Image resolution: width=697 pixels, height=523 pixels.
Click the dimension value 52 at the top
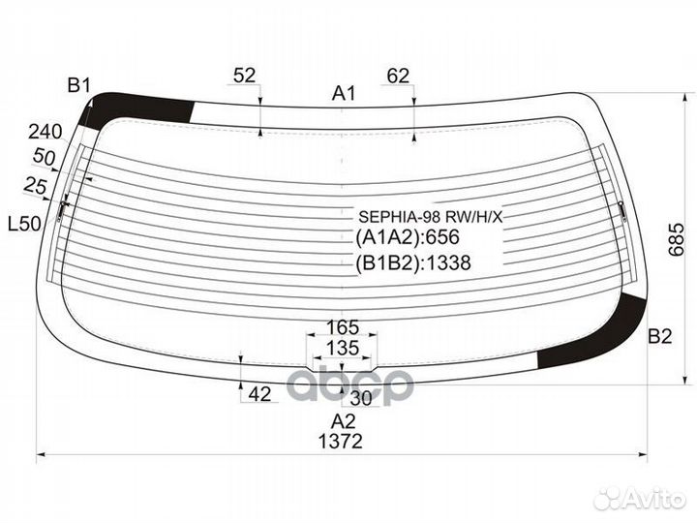point(245,76)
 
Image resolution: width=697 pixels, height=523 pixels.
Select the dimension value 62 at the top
point(398,77)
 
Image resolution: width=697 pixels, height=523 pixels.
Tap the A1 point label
point(344,93)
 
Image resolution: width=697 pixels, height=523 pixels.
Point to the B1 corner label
point(79,85)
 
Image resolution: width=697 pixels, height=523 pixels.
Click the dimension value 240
point(45,132)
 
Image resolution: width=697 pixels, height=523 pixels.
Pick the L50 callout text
point(25,224)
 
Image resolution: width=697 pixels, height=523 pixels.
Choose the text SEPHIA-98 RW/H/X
point(430,217)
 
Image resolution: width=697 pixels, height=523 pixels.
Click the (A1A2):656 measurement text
point(408,237)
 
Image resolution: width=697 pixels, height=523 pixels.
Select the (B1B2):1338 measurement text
point(413,262)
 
